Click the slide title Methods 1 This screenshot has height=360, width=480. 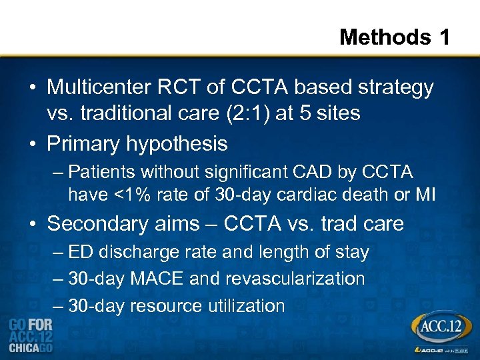tap(395, 37)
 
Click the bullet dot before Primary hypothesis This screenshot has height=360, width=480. tap(33, 144)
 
